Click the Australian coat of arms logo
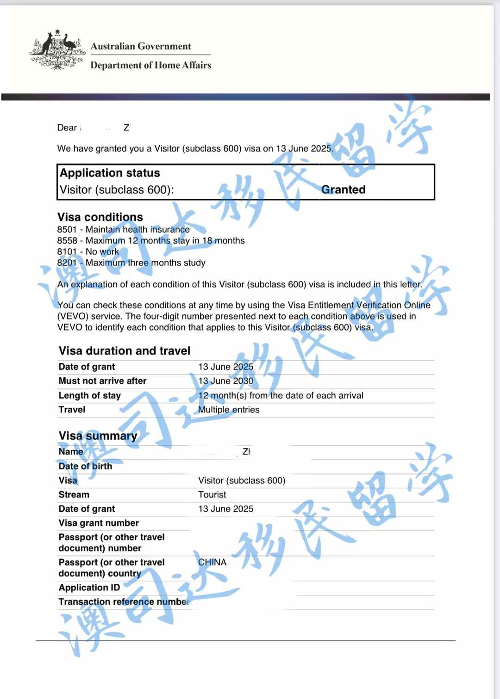click(x=57, y=49)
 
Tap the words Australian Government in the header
click(x=141, y=46)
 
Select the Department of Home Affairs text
click(x=150, y=65)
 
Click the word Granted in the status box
click(x=343, y=190)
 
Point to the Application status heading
click(x=110, y=173)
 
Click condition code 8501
click(x=67, y=229)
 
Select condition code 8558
click(x=67, y=240)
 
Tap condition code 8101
click(x=67, y=251)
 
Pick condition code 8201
click(x=67, y=263)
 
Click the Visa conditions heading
click(x=100, y=217)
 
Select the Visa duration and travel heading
click(x=124, y=351)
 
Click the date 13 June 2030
click(x=225, y=381)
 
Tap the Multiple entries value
click(x=229, y=410)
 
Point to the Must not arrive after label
click(x=102, y=381)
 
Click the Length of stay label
click(x=89, y=395)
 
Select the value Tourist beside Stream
click(x=212, y=495)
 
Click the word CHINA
click(x=212, y=562)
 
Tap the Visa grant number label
click(x=99, y=523)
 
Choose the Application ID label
click(x=89, y=588)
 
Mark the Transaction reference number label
click(x=123, y=601)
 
